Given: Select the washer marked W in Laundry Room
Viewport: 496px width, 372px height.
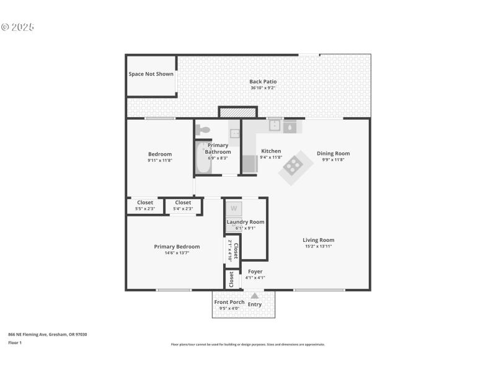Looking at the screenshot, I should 233,209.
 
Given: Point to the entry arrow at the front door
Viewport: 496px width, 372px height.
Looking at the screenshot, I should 254,296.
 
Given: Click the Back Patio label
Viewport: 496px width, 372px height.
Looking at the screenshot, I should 263,81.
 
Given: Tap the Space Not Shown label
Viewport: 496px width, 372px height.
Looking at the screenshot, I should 151,74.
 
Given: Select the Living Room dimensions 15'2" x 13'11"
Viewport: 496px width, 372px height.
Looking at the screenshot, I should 318,246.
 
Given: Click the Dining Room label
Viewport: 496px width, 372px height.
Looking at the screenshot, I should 333,154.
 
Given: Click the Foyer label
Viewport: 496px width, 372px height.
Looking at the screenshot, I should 255,272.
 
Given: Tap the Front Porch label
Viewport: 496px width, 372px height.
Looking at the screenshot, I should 229,302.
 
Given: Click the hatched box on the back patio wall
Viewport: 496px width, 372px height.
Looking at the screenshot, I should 237,113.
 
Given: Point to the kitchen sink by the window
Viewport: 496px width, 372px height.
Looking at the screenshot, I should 275,126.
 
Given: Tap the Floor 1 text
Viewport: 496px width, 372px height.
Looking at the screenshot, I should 15,342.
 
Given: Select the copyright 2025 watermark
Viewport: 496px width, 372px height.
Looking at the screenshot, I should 17,27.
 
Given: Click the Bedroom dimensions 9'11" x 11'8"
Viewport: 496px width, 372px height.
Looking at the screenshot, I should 159,161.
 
